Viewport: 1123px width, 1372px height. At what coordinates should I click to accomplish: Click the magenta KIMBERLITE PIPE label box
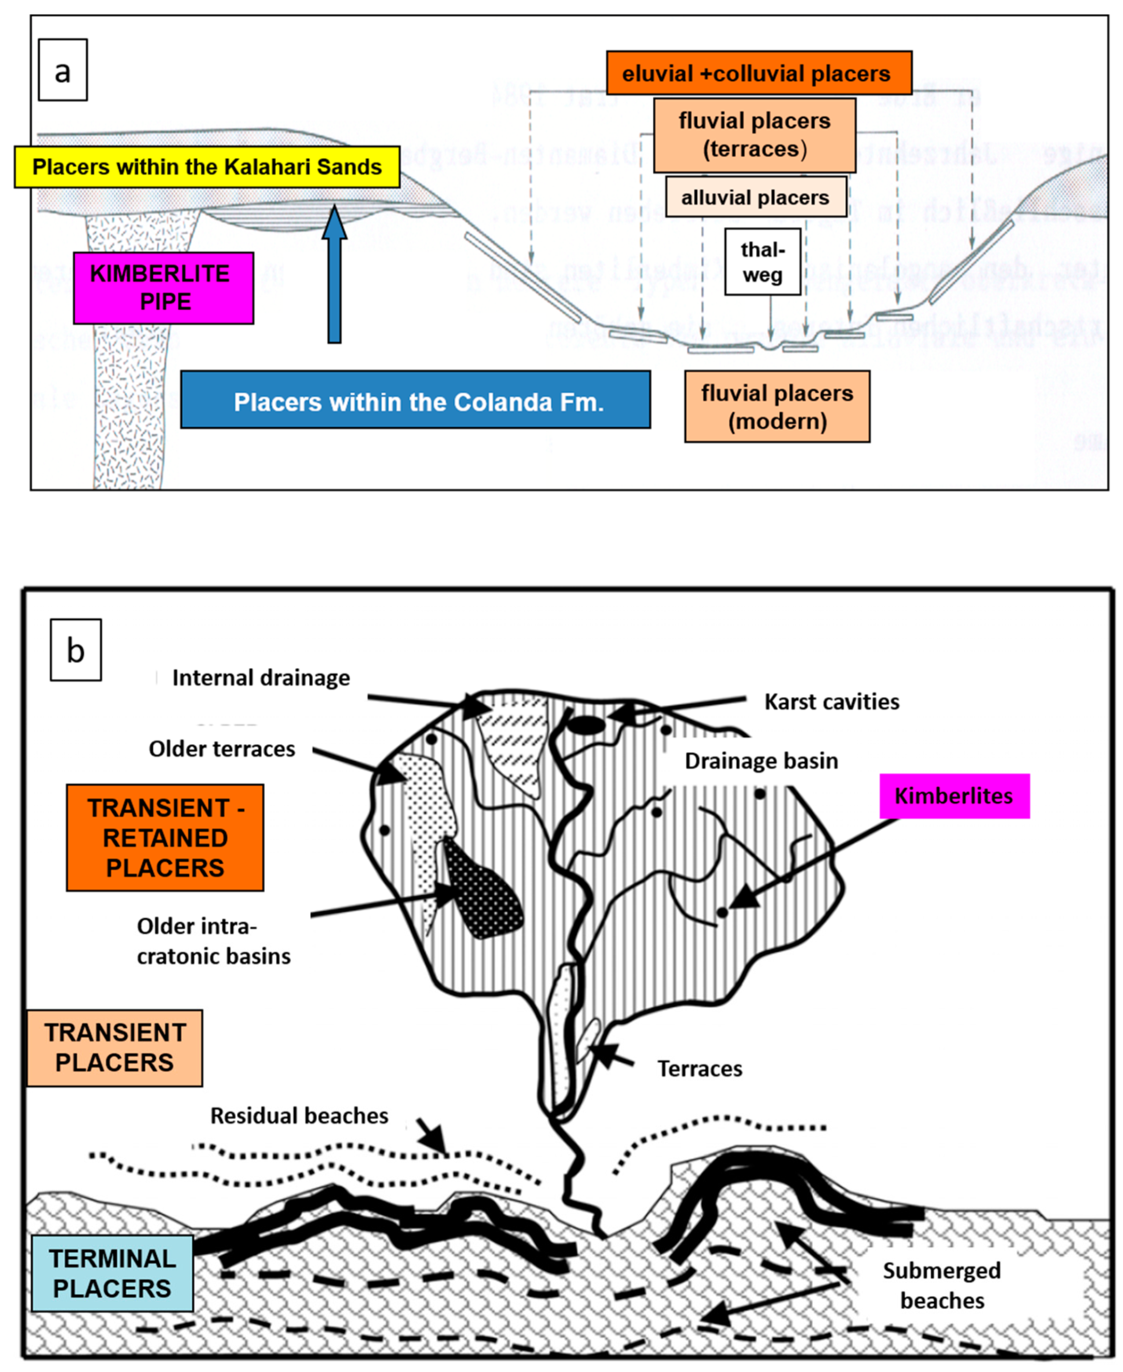click(x=163, y=288)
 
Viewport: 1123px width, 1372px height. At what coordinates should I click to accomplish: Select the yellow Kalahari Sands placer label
click(x=207, y=167)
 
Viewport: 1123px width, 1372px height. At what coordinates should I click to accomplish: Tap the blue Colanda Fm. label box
click(x=415, y=399)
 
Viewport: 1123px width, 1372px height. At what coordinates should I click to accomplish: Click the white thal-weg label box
click(x=763, y=262)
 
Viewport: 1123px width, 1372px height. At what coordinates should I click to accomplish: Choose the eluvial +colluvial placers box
click(x=759, y=73)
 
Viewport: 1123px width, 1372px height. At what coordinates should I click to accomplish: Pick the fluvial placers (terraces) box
click(x=754, y=135)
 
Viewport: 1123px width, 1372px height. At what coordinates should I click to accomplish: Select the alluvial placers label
click(x=756, y=197)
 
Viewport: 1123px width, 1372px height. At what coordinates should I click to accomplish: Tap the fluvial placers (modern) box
click(x=777, y=407)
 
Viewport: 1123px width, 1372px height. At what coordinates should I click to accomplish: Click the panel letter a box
click(x=63, y=70)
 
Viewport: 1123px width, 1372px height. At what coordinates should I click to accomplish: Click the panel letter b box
click(x=76, y=650)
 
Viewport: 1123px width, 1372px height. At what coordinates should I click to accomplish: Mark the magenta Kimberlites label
click(x=954, y=796)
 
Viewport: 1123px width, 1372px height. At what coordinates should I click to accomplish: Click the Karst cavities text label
click(x=832, y=702)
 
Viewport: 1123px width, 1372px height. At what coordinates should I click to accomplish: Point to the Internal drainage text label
click(x=261, y=677)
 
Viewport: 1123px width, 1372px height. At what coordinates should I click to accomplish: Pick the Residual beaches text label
click(x=299, y=1115)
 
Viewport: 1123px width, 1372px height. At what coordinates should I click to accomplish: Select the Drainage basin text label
click(x=761, y=761)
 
